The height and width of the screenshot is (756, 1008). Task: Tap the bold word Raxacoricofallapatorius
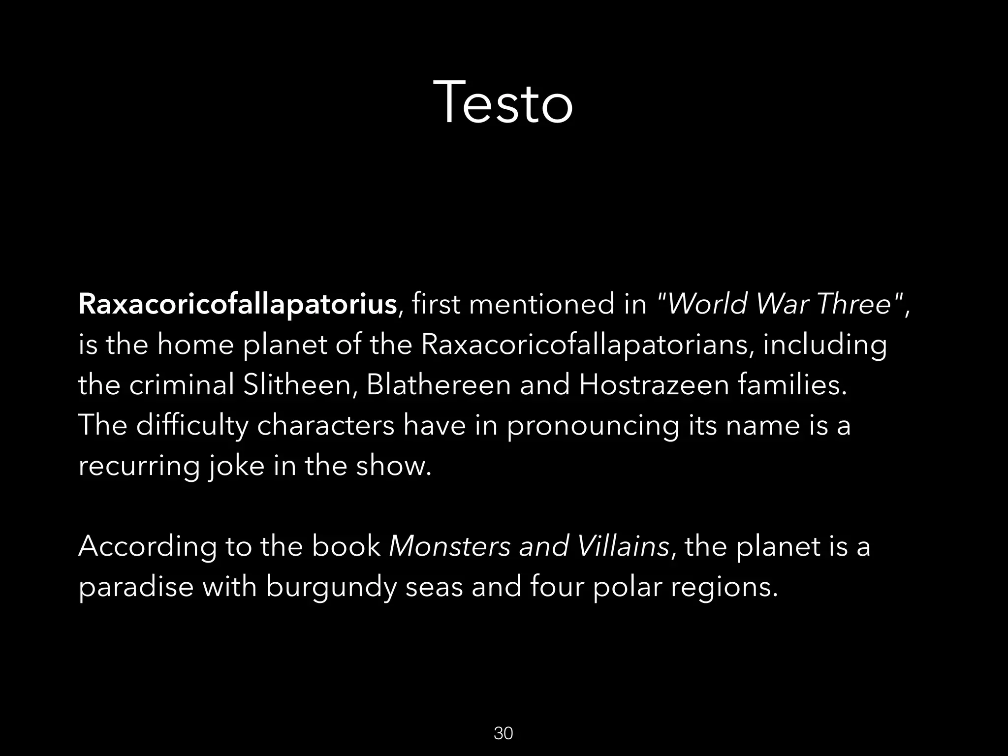pos(237,304)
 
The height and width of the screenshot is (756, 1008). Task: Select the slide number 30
pos(503,733)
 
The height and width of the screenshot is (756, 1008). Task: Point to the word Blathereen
pos(439,385)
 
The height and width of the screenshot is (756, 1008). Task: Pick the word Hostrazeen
pos(654,385)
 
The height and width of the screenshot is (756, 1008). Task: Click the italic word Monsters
pos(449,546)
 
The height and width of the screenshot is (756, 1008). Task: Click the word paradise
pos(136,587)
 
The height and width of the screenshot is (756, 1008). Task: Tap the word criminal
pos(182,385)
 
